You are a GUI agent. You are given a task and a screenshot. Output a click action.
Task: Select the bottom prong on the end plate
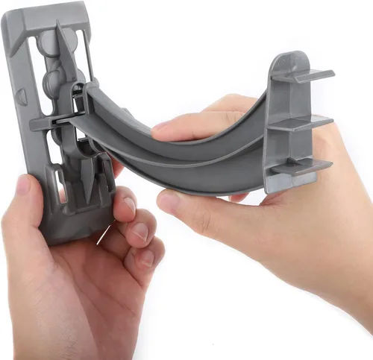coord(304,165)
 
